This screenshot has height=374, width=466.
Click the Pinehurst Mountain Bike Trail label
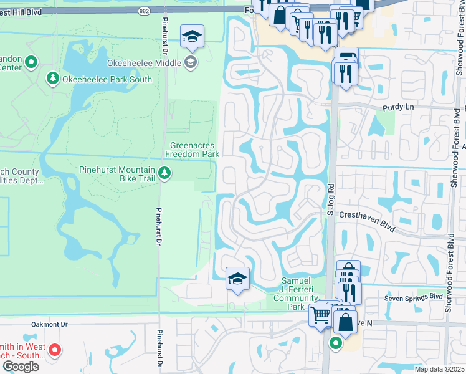[x=117, y=174]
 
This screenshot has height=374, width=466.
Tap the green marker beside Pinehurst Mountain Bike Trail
[x=164, y=173]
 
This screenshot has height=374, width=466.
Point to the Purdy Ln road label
[x=401, y=107]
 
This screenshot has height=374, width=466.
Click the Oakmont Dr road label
[x=49, y=324]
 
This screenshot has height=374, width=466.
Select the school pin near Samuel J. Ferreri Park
[x=237, y=279]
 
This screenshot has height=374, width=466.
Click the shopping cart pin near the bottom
[x=320, y=315]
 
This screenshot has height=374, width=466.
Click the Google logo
[x=21, y=367]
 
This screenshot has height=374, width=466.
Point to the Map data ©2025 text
[x=439, y=369]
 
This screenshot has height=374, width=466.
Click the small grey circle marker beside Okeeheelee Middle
[x=190, y=62]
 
